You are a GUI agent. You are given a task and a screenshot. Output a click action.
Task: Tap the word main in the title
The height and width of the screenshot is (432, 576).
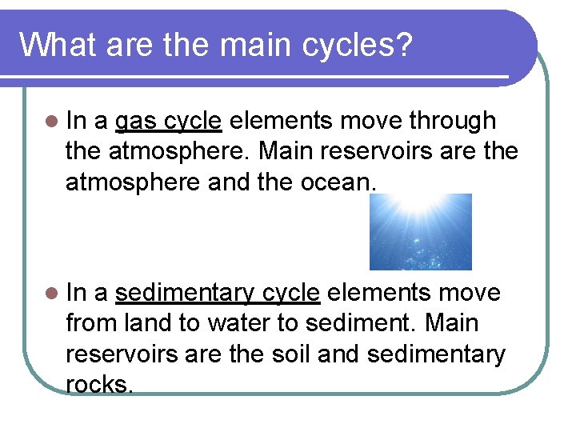(243, 45)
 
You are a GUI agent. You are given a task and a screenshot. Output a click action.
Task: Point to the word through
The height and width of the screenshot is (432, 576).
(452, 121)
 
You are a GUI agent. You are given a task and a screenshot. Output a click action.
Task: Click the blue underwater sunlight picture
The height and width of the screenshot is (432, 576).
(420, 232)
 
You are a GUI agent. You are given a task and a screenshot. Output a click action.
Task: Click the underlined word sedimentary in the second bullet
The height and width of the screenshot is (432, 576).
(187, 294)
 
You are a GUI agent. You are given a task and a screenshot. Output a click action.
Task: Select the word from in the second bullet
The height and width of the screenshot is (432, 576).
(93, 324)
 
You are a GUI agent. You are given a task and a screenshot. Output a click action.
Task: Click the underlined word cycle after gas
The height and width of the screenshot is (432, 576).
(193, 122)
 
